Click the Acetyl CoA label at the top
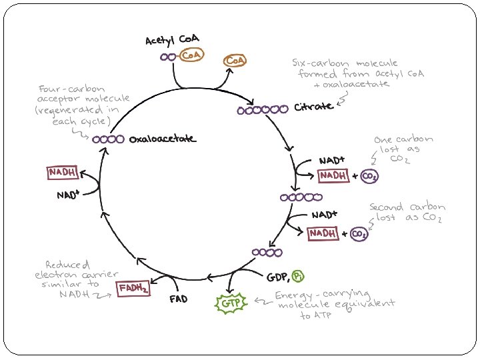pos(173,41)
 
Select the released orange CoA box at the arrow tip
pos(235,61)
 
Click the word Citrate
pos(313,107)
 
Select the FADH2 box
pos(133,289)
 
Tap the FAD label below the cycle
pos(178,299)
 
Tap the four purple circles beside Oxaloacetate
pos(109,139)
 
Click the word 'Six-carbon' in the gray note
pos(315,62)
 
